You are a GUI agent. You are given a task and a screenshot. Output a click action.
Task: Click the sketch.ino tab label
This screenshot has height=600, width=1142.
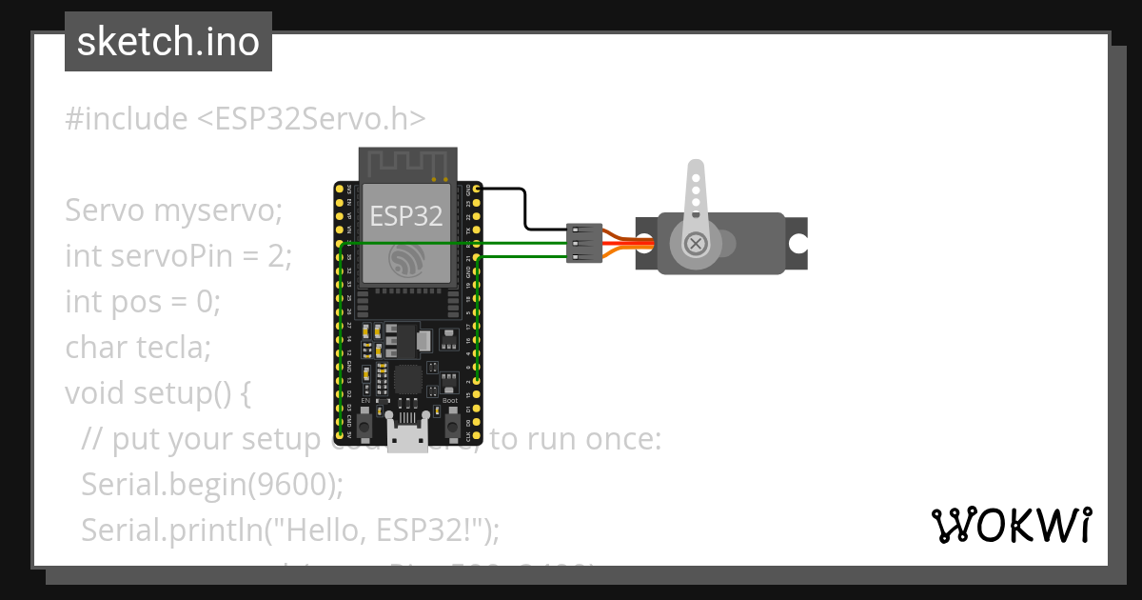click(x=168, y=42)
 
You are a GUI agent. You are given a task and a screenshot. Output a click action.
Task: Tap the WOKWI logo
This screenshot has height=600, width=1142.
click(x=1011, y=525)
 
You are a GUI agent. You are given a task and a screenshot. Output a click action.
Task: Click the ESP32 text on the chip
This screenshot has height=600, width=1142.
click(x=406, y=215)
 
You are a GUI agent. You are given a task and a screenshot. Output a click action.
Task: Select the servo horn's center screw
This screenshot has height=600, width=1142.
click(x=698, y=244)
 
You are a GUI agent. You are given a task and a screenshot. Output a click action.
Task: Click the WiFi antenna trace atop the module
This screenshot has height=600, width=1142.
click(x=407, y=164)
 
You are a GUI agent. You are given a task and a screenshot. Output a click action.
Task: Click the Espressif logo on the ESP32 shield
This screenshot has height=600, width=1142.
click(x=407, y=260)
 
